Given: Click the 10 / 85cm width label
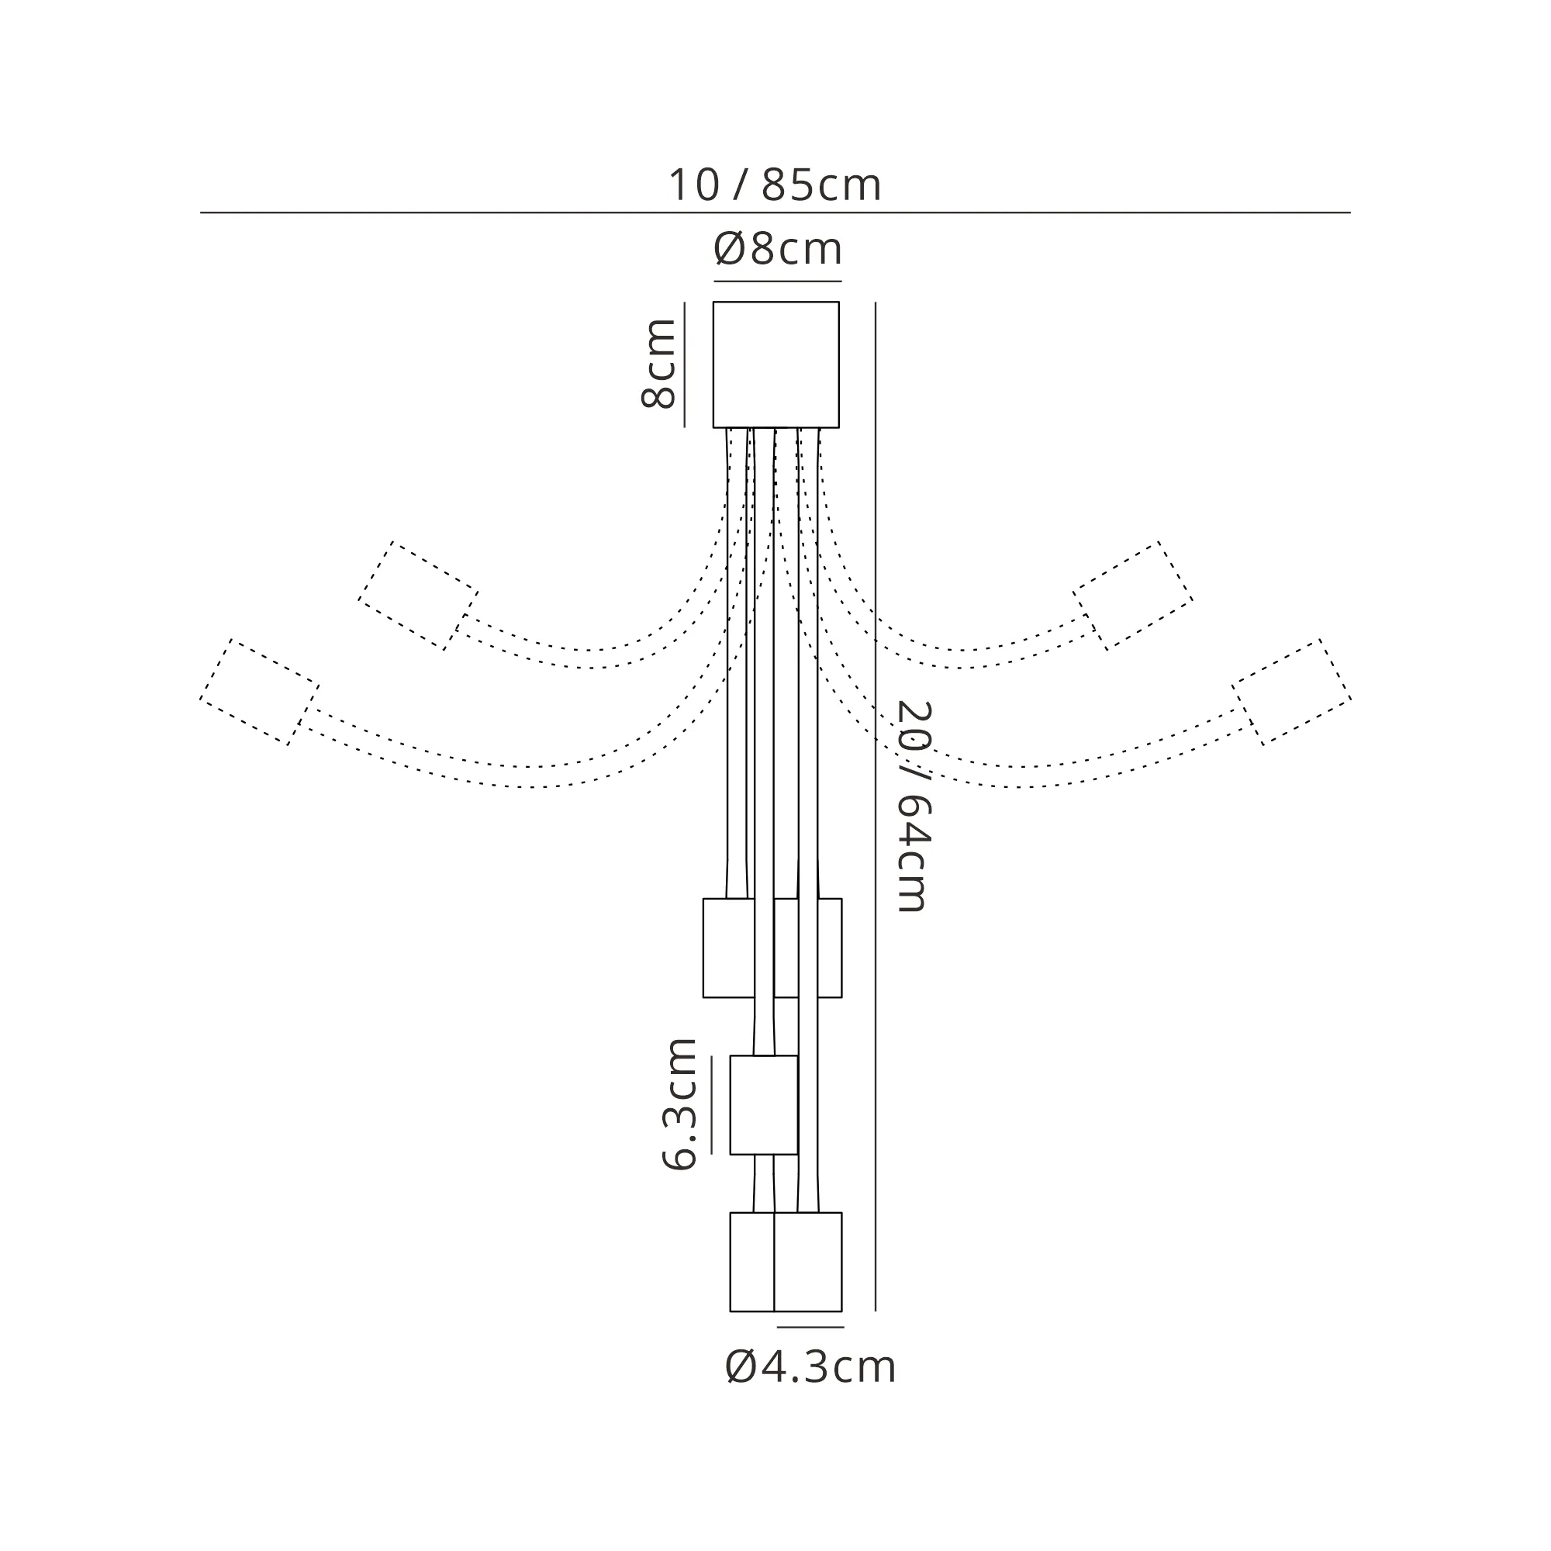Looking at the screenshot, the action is click(775, 185).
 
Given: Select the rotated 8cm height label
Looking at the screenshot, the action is click(658, 364).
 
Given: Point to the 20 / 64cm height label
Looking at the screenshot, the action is click(913, 806).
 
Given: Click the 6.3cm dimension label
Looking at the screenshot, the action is click(679, 1104).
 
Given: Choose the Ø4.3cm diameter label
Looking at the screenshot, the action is click(810, 1367).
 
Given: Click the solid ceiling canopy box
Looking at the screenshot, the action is click(776, 364).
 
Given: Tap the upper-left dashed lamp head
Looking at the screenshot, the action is click(418, 596).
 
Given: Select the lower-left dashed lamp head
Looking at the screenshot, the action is click(259, 692).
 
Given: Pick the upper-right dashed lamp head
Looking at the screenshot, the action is click(1133, 596).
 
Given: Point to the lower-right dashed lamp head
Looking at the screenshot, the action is click(1292, 692).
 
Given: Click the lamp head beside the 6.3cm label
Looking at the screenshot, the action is click(763, 1104).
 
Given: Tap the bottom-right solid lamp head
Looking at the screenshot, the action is click(807, 1262).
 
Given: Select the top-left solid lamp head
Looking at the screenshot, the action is click(729, 948).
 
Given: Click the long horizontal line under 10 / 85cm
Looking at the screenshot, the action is click(775, 212).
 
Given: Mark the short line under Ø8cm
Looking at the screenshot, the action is click(778, 282).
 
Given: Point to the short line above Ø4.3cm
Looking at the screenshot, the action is click(810, 1327).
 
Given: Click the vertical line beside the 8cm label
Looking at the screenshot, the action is click(684, 364).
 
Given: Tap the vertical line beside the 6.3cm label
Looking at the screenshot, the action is click(711, 1104).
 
